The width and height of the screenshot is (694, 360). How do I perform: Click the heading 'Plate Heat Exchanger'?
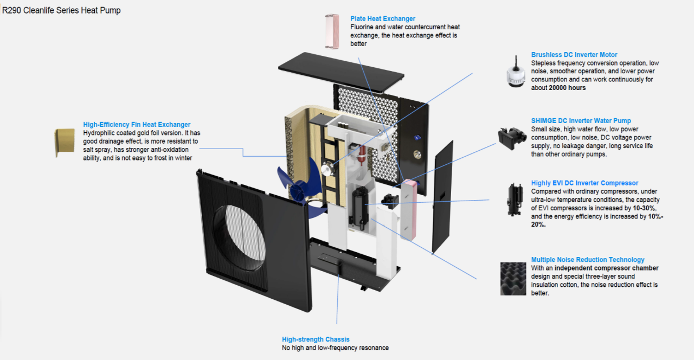pyautogui.click(x=383, y=19)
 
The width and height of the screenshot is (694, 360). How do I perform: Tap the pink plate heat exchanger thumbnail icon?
pyautogui.click(x=331, y=32)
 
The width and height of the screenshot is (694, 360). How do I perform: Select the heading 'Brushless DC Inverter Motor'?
pyautogui.click(x=574, y=55)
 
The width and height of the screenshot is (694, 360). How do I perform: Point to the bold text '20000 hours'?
pyautogui.click(x=567, y=88)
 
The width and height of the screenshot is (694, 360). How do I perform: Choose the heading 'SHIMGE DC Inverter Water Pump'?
pyautogui.click(x=581, y=121)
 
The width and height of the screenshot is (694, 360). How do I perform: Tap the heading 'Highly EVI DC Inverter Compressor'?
pyautogui.click(x=584, y=183)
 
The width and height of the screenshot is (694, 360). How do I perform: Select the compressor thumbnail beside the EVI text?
pyautogui.click(x=513, y=198)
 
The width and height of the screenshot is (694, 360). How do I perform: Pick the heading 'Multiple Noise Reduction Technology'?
pyautogui.click(x=588, y=260)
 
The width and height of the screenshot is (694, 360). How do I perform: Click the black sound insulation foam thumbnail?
pyautogui.click(x=513, y=279)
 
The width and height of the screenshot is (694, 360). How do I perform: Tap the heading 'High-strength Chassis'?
pyautogui.click(x=316, y=339)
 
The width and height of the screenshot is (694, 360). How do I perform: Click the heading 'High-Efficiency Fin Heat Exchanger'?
pyautogui.click(x=137, y=125)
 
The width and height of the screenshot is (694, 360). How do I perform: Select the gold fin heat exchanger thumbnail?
pyautogui.click(x=65, y=142)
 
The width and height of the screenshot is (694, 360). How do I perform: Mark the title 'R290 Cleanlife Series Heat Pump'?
pyautogui.click(x=61, y=11)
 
